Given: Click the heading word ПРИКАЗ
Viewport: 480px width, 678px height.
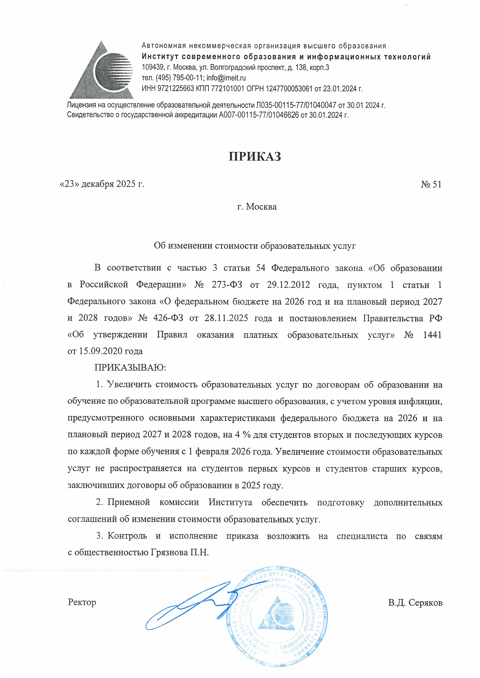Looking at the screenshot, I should coord(255,157).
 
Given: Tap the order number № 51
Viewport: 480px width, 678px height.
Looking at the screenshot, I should coord(431,185).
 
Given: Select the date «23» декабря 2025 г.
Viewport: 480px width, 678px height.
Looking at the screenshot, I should coord(102,184).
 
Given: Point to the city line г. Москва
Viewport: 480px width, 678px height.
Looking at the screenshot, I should coord(257,207).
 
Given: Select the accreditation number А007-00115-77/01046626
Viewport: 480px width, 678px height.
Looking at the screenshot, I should coord(259,115).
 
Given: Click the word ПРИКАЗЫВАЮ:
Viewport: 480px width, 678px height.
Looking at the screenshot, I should coord(130,368).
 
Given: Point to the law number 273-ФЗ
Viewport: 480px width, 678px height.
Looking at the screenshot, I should coord(227,285).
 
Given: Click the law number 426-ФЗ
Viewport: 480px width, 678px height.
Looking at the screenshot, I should coord(168,318).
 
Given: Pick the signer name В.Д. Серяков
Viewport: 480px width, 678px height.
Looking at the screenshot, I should coord(415,603).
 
